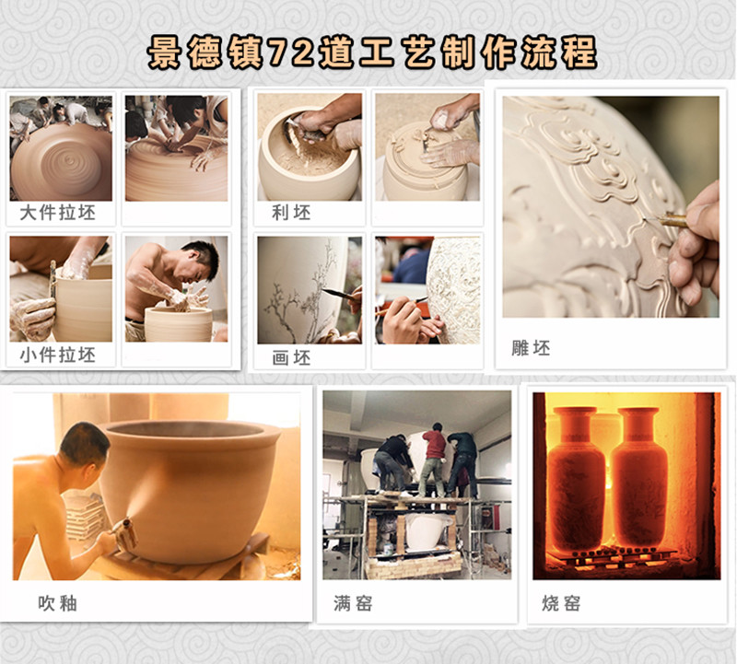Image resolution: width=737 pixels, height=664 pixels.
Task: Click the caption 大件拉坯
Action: (58, 213)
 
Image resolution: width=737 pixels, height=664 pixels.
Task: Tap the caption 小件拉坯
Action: (58, 355)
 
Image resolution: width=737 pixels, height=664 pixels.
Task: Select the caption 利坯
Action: (291, 213)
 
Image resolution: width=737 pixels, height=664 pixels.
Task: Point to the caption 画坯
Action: (291, 358)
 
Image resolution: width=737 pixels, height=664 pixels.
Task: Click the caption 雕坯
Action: (531, 348)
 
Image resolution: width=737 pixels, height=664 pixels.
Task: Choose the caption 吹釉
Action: (57, 603)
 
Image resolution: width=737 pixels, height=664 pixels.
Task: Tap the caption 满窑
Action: (353, 603)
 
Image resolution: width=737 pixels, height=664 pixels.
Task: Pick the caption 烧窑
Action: (561, 603)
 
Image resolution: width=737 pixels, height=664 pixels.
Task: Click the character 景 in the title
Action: (164, 52)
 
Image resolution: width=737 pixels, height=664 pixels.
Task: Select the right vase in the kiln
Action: (639, 477)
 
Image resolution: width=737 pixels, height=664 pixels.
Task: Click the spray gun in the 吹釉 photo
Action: (123, 532)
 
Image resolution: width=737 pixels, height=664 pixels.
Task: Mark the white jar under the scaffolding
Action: (427, 532)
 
